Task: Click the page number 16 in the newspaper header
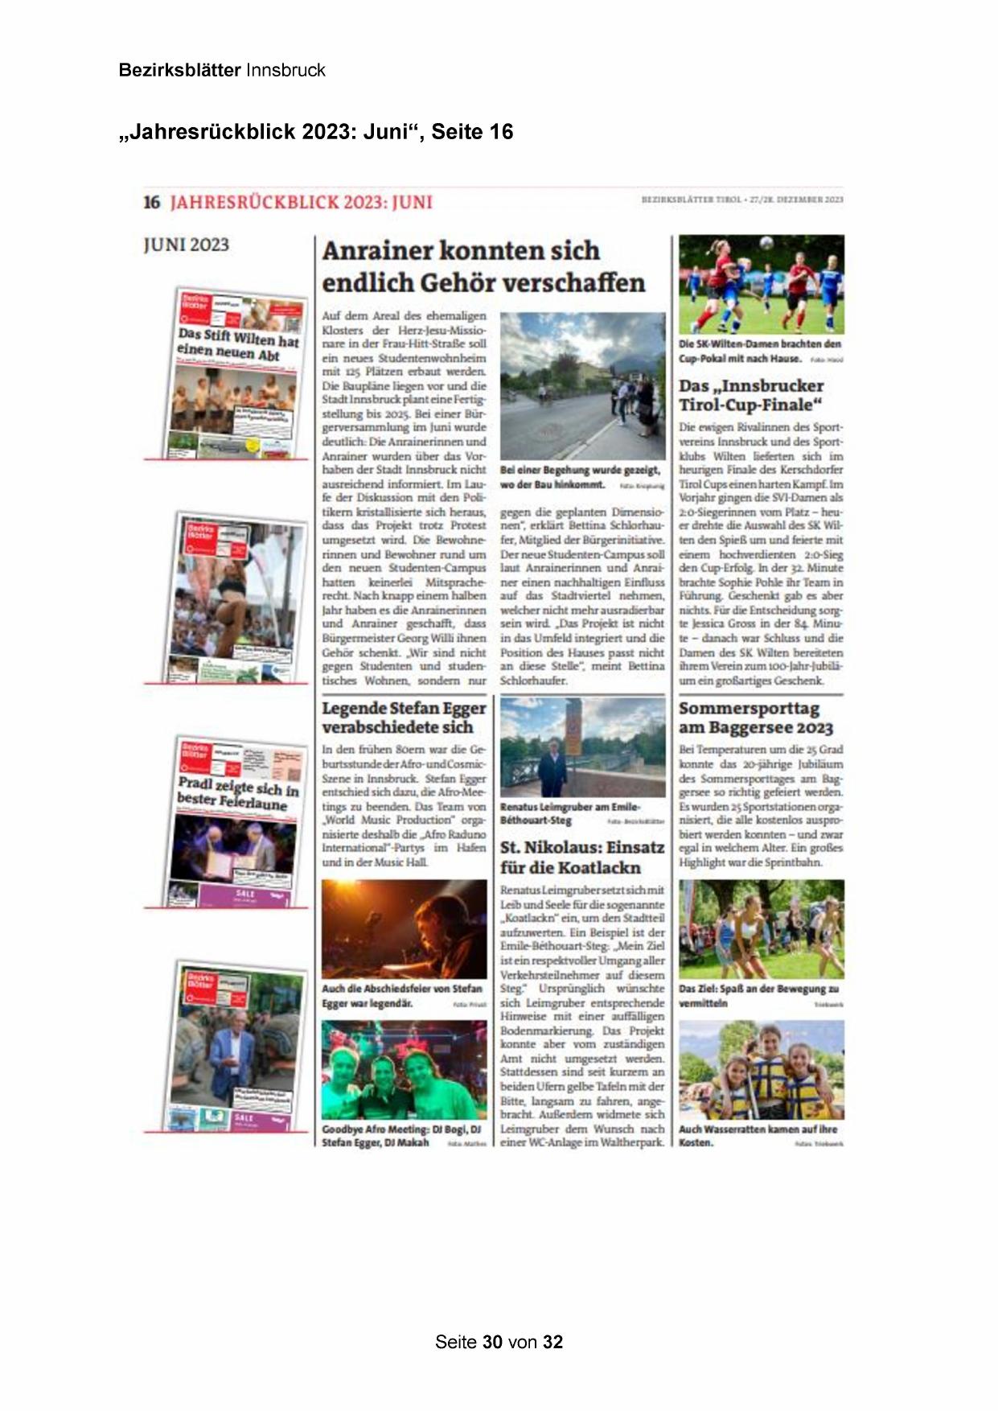point(152,202)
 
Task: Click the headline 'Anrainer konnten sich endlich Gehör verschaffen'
point(483,267)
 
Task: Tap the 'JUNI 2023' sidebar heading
point(186,245)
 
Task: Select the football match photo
point(761,284)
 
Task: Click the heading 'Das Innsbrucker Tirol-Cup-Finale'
point(751,395)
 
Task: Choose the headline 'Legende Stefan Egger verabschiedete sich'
point(404,717)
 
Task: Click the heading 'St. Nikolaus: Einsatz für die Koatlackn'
point(582,857)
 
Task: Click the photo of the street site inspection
point(582,386)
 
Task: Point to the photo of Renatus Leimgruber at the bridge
point(582,747)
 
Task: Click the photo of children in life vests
point(761,1070)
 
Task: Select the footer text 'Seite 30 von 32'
point(499,1342)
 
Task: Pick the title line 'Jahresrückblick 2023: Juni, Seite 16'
point(316,132)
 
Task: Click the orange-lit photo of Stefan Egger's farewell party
point(404,928)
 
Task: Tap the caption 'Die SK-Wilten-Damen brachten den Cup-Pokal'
point(760,351)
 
